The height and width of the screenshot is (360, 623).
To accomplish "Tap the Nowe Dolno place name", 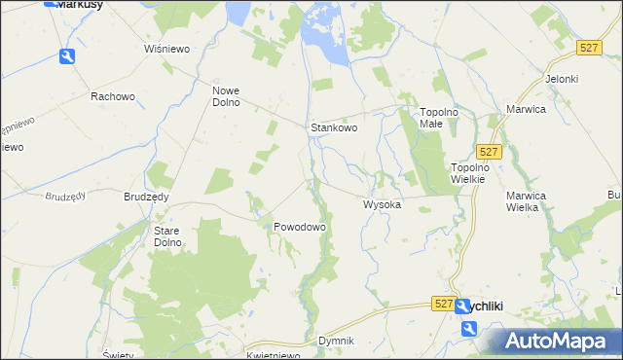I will click(233, 97).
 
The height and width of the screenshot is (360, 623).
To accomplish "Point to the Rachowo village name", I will click(111, 96).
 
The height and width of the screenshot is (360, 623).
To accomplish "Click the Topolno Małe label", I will click(439, 118).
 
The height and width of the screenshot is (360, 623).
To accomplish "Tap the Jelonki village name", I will click(563, 79).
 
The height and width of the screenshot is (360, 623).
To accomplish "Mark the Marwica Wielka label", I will click(530, 200).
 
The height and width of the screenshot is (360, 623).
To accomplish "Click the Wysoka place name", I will click(383, 205).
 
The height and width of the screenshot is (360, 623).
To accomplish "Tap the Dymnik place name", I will click(336, 342).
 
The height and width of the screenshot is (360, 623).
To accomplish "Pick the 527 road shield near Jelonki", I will click(587, 48).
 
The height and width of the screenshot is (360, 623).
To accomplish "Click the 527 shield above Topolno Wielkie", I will click(490, 151).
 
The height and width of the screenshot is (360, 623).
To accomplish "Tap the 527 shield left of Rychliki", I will click(444, 305).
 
